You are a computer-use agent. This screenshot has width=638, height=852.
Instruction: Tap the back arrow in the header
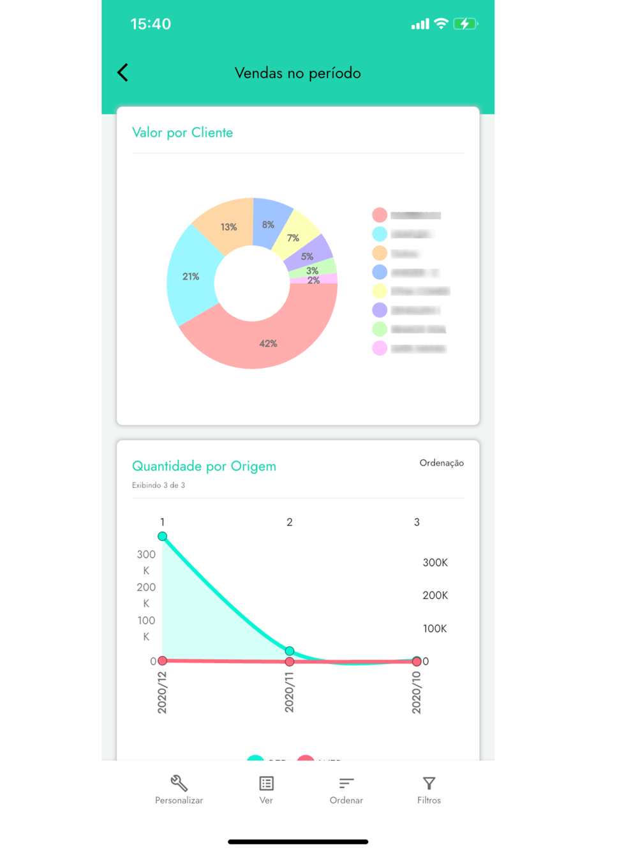123,73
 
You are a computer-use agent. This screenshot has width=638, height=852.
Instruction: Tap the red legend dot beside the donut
380,215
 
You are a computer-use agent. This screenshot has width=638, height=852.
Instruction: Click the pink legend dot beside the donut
380,348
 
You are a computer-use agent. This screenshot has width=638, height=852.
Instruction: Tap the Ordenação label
441,463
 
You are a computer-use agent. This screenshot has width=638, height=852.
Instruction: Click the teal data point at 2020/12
163,536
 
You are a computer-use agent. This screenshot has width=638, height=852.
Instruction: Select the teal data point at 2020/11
290,651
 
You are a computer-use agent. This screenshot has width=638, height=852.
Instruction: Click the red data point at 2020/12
163,660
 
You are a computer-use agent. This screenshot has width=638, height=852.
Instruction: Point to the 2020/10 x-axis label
417,692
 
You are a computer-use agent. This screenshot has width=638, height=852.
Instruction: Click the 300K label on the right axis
435,563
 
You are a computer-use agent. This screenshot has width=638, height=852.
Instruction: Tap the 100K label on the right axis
435,629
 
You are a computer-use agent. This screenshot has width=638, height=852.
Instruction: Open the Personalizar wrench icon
179,783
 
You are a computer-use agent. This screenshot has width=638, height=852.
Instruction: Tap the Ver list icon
266,783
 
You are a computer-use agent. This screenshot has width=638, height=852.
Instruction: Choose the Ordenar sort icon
346,783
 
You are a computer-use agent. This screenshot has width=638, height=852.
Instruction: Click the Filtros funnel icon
429,783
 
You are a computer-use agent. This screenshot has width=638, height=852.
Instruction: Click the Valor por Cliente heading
182,133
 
